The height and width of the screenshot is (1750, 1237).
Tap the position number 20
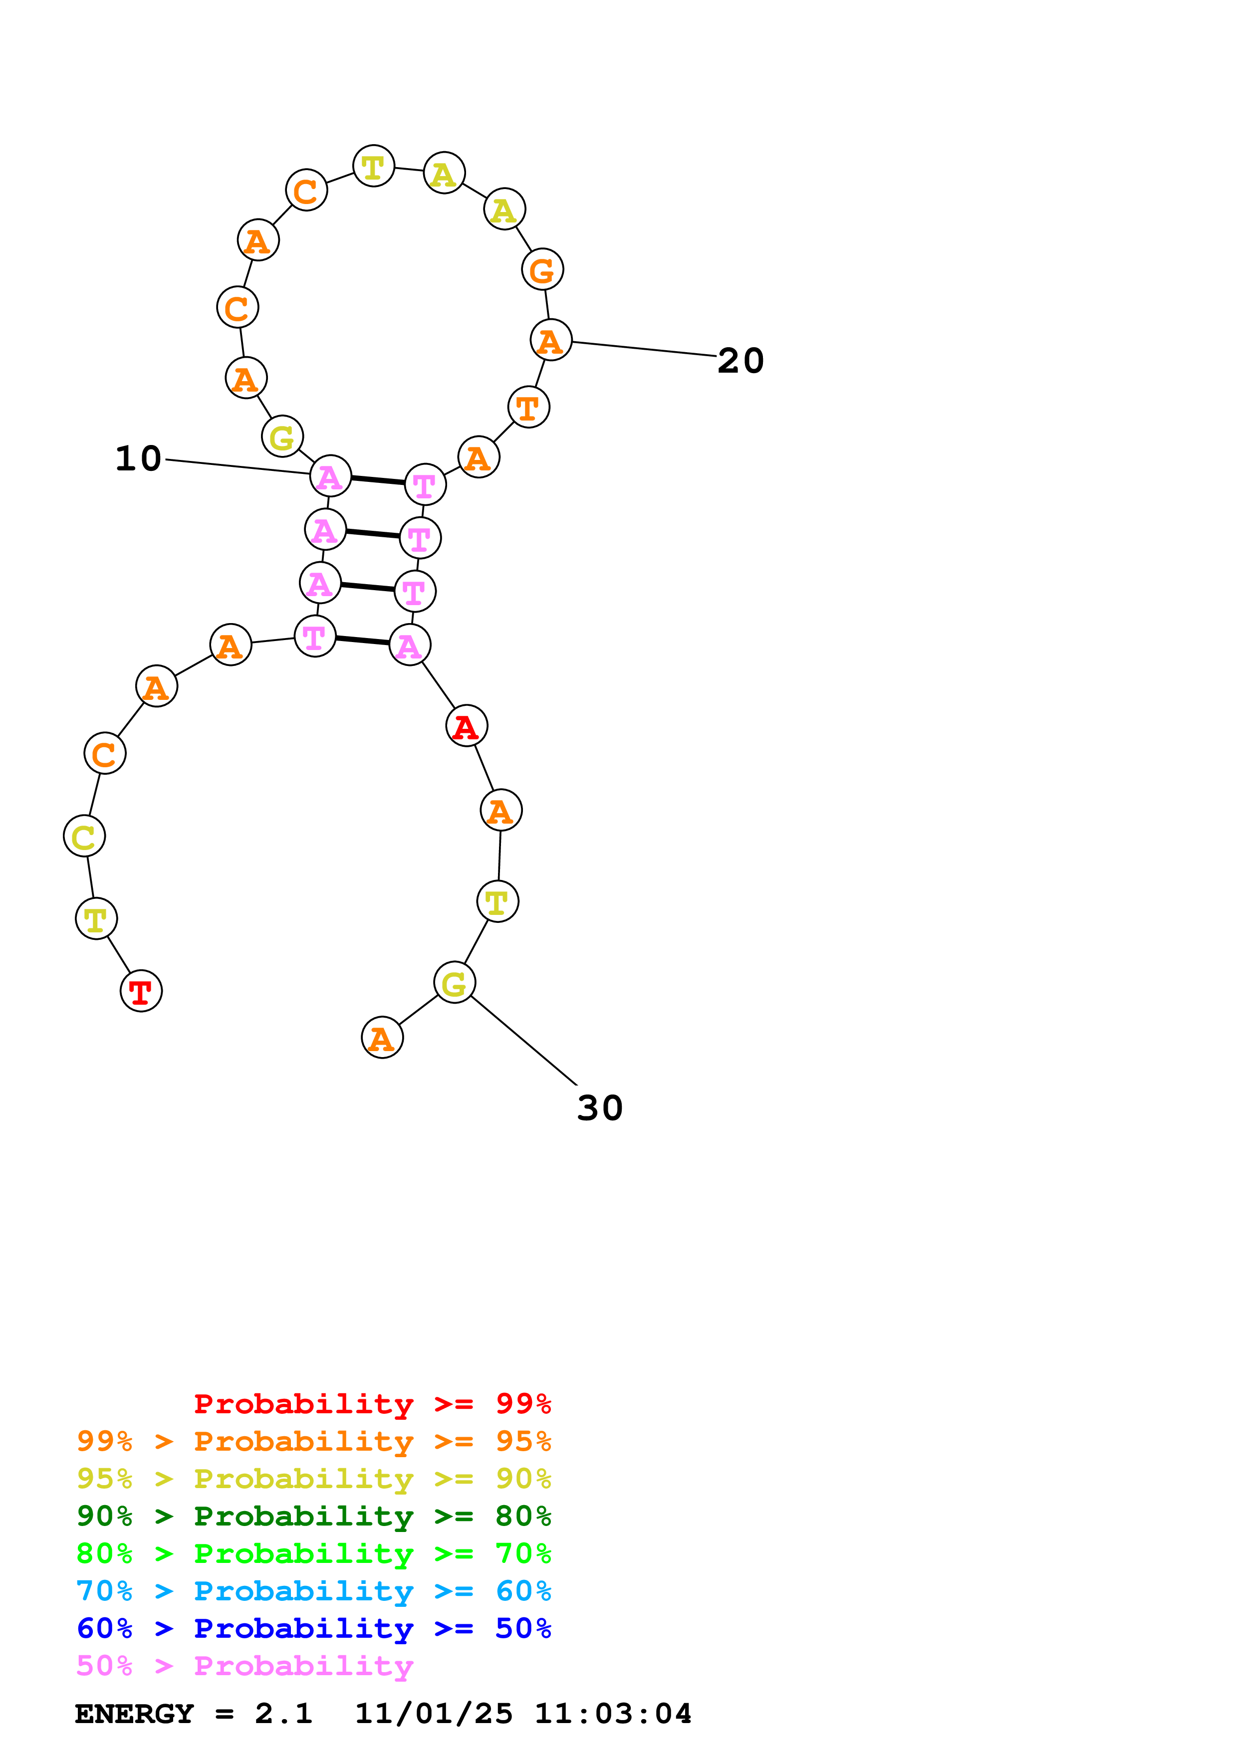click(x=740, y=361)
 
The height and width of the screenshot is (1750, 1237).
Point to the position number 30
click(x=600, y=1107)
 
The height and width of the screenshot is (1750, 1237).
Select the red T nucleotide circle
click(x=141, y=991)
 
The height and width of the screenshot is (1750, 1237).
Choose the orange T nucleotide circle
click(x=528, y=407)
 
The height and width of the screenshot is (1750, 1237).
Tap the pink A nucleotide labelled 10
click(x=330, y=476)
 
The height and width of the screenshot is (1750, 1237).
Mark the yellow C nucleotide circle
click(x=84, y=836)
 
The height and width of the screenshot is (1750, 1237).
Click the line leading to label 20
click(x=644, y=349)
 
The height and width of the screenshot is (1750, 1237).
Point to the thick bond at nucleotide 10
click(x=377, y=480)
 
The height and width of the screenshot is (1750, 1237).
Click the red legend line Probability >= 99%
click(x=372, y=1403)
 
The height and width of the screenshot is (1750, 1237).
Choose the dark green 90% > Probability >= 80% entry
click(x=313, y=1516)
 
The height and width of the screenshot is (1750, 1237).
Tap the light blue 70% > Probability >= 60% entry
click(x=313, y=1591)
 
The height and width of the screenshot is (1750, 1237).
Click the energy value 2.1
click(x=283, y=1714)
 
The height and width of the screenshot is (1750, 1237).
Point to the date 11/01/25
click(x=433, y=1714)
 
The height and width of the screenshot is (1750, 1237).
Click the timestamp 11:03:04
click(x=613, y=1714)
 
